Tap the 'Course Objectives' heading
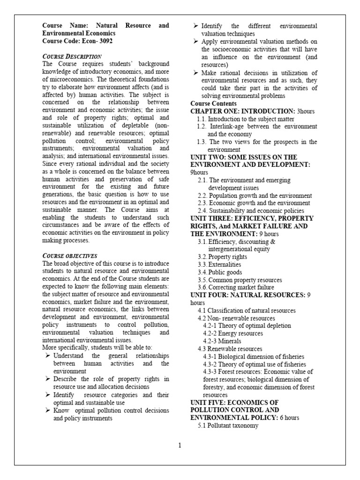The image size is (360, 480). coord(69,255)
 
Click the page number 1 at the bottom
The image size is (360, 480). coord(180,445)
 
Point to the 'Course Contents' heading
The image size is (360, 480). coord(214,104)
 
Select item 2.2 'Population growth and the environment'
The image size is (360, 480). coord(255,195)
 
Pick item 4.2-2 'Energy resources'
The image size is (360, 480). coord(233,333)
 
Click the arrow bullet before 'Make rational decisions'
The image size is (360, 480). coord(196,73)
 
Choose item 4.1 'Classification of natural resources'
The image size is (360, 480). coord(246,310)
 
